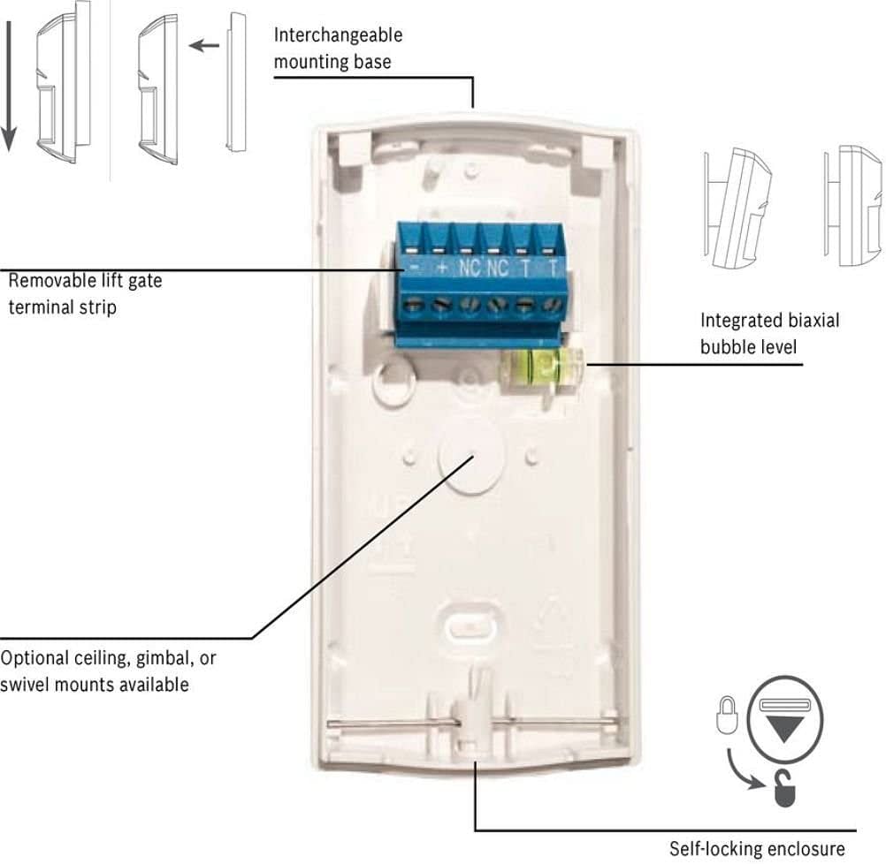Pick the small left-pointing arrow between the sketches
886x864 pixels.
point(204,45)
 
